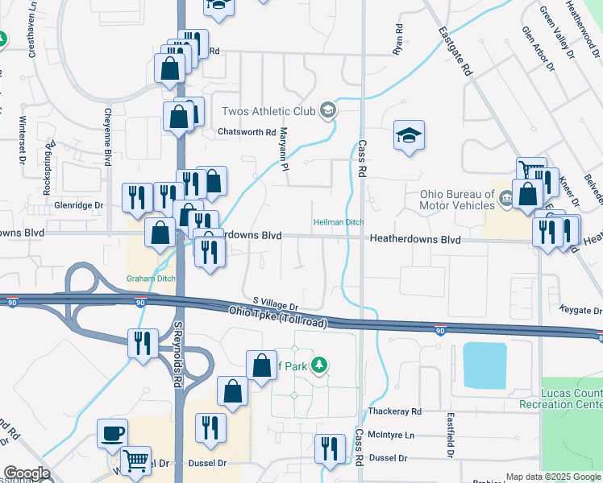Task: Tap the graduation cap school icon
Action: [x=409, y=135]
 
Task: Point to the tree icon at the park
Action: [x=320, y=366]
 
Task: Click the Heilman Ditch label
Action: [x=339, y=222]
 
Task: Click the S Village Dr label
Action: [x=275, y=303]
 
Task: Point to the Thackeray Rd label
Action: [x=395, y=411]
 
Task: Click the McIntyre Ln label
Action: [x=391, y=435]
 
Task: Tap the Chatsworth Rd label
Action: [x=247, y=132]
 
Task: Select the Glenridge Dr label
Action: [x=79, y=205]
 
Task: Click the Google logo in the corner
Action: [x=26, y=473]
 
